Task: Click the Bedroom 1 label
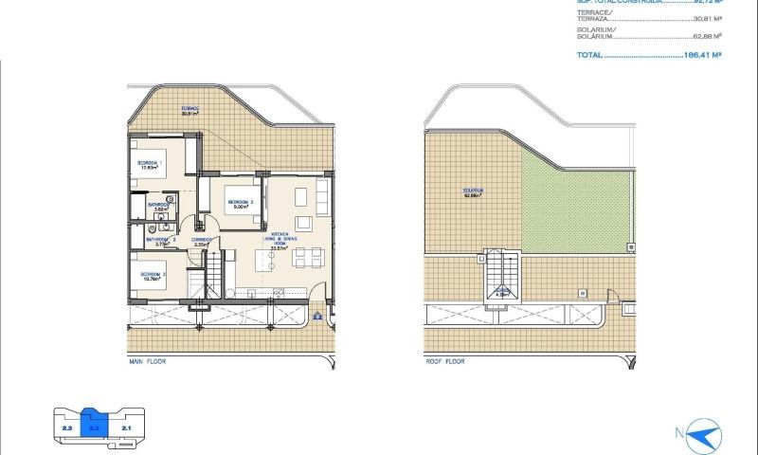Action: click(x=150, y=164)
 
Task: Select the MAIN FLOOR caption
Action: click(x=149, y=362)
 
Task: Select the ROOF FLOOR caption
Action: click(x=446, y=362)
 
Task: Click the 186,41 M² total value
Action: click(x=699, y=55)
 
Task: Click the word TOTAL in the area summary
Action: click(x=588, y=55)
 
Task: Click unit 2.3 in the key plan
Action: click(x=66, y=429)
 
